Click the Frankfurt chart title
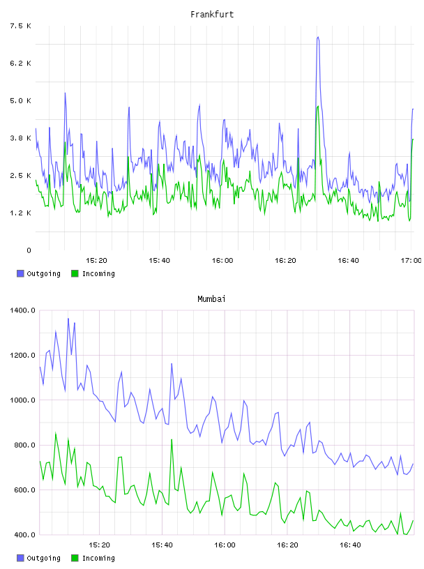click(212, 15)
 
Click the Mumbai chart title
click(211, 299)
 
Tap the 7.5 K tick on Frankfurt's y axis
click(20, 26)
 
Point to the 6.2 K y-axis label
click(20, 63)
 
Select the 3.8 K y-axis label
click(20, 138)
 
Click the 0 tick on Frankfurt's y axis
click(29, 250)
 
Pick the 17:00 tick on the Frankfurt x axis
click(411, 260)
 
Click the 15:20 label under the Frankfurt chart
click(96, 260)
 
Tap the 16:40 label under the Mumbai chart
click(350, 545)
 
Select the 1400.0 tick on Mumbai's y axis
click(22, 310)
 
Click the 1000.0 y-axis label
click(22, 400)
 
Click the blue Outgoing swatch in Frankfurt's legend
click(20, 273)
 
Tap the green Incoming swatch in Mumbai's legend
click(75, 558)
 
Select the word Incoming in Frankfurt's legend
click(98, 273)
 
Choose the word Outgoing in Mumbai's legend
click(43, 558)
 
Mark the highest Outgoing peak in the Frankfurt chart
click(318, 37)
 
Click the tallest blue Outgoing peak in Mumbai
click(68, 319)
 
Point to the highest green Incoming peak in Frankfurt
click(318, 106)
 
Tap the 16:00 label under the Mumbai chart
click(225, 545)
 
